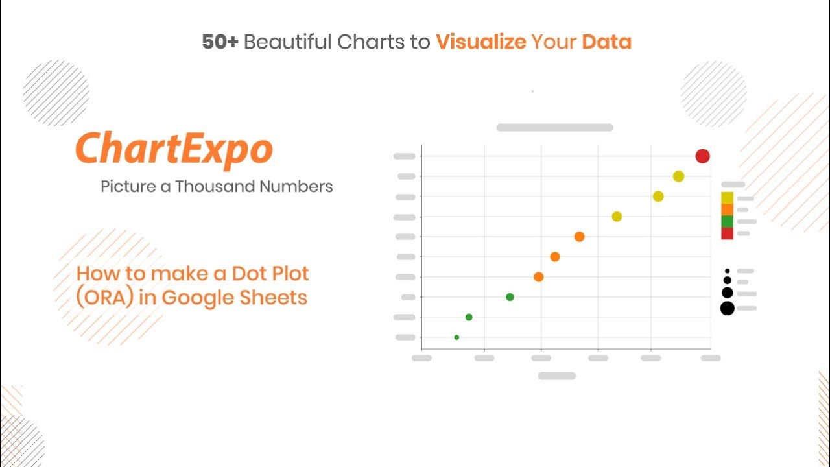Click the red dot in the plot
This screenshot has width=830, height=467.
pyautogui.click(x=702, y=156)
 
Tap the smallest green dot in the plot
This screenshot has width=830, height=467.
pyautogui.click(x=456, y=337)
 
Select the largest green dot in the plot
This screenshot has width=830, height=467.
pyautogui.click(x=510, y=297)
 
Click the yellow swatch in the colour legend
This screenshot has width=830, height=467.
pyautogui.click(x=727, y=198)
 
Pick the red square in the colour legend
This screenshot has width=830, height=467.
pyautogui.click(x=727, y=233)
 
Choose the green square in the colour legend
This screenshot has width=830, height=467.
pyautogui.click(x=727, y=222)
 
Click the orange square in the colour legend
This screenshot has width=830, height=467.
pyautogui.click(x=727, y=210)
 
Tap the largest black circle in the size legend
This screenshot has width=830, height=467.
pyautogui.click(x=728, y=308)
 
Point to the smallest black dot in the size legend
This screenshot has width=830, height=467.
pyautogui.click(x=728, y=271)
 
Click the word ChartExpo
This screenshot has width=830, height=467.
pyautogui.click(x=174, y=150)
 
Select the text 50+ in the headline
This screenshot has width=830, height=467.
pyautogui.click(x=220, y=42)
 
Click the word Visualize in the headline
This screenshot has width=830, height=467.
pyautogui.click(x=481, y=42)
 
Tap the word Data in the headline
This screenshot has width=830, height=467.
pyautogui.click(x=606, y=42)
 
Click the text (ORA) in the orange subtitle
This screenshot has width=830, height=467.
pyautogui.click(x=105, y=298)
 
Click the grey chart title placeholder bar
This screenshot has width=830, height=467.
pyautogui.click(x=554, y=128)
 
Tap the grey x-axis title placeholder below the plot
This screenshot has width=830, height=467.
pyautogui.click(x=557, y=376)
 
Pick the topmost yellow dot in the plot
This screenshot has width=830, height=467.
pyautogui.click(x=678, y=176)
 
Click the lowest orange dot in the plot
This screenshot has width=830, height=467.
pyautogui.click(x=539, y=277)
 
